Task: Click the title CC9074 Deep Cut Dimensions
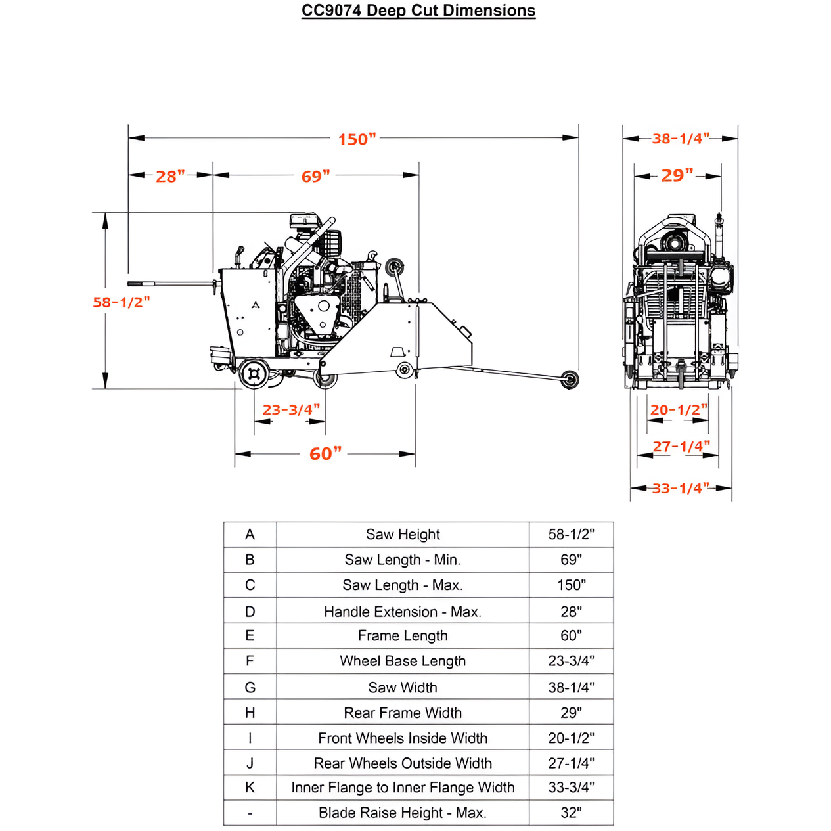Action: (418, 11)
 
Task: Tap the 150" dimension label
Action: (357, 139)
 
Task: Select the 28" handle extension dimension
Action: (170, 177)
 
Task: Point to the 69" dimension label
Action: (315, 177)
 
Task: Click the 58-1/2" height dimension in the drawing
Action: (121, 302)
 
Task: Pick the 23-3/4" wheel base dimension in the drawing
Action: (291, 410)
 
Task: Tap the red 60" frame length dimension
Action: (325, 454)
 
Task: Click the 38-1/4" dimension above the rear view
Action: (680, 139)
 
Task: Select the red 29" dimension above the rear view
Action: (677, 176)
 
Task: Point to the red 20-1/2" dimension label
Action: (679, 410)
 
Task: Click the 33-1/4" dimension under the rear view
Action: (681, 488)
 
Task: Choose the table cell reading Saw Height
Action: (403, 535)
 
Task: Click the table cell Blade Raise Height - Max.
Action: (403, 813)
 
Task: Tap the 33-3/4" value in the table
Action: (571, 788)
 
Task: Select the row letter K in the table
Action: (250, 788)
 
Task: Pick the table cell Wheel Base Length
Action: (403, 661)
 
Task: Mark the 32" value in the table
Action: (571, 813)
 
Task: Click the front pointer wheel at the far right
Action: (570, 380)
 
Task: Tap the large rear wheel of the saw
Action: (254, 374)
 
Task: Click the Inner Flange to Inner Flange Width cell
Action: (403, 788)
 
